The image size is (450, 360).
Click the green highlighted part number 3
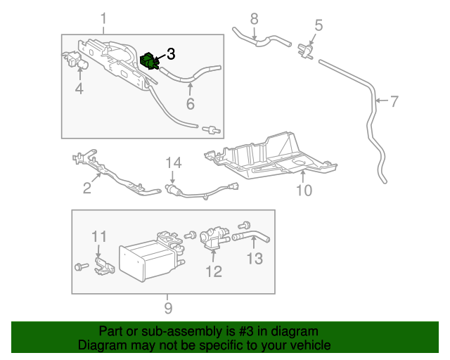point(150,60)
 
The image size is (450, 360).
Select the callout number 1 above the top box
point(103,18)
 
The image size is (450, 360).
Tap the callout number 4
point(79,89)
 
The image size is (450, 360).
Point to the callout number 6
point(189,104)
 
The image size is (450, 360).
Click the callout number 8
point(254,18)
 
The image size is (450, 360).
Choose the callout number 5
point(318,26)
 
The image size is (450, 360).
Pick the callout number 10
point(302,190)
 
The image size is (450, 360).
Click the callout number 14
point(174,163)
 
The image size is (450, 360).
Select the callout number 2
point(87,188)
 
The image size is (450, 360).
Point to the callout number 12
point(213,271)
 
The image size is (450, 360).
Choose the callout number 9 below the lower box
point(168,307)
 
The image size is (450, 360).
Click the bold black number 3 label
point(172,53)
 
